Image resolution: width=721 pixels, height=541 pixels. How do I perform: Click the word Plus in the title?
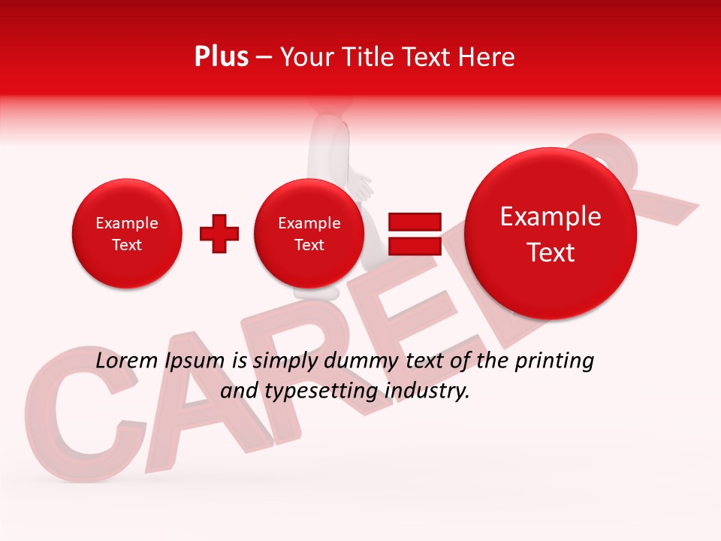click(221, 57)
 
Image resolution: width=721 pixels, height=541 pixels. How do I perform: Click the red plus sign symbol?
click(219, 234)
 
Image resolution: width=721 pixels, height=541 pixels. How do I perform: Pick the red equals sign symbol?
click(415, 234)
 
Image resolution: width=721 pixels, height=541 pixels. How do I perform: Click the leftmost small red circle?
click(127, 234)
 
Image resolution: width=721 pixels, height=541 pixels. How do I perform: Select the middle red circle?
click(309, 234)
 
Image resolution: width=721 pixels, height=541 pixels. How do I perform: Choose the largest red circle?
click(551, 234)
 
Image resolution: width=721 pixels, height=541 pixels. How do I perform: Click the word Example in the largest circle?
click(551, 216)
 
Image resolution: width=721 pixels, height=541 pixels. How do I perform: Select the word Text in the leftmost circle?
click(127, 245)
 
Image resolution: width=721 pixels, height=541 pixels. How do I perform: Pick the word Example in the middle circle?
click(309, 223)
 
